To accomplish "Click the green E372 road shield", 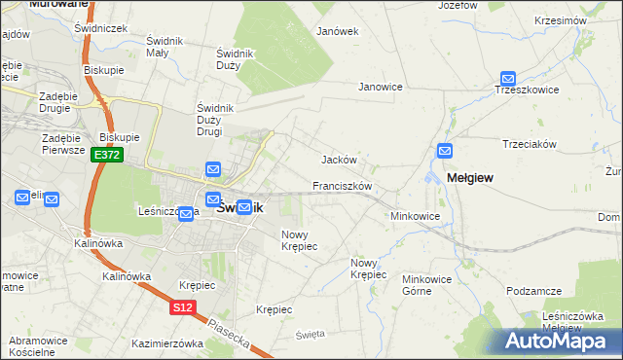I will coord(106,155).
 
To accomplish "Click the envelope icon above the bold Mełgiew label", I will coord(445,151).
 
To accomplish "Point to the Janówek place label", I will coord(338,31).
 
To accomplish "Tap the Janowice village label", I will coord(381,87).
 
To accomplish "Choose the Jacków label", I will coord(340,160).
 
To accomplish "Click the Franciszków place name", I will coord(343,185).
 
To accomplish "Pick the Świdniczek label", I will coord(101,29).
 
